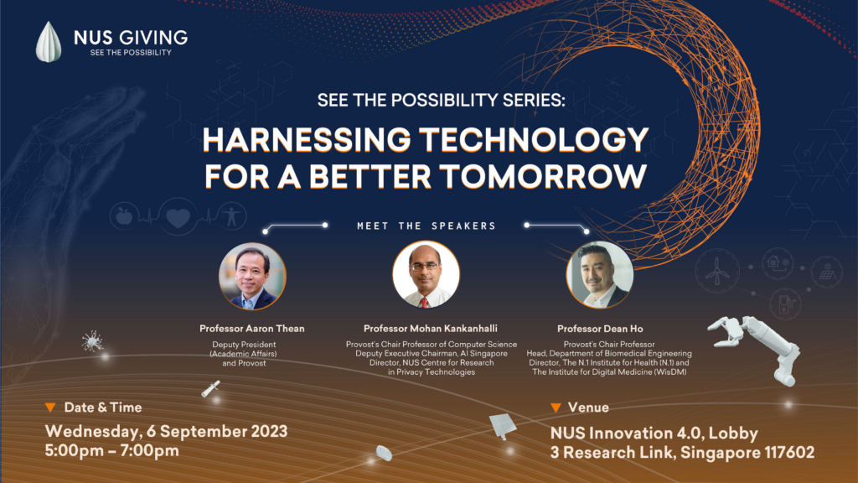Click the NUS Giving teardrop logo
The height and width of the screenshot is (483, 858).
48,42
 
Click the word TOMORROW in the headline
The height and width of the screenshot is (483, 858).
543,176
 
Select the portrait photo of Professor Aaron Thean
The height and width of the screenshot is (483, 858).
252,277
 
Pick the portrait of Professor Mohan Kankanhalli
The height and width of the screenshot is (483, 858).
426,275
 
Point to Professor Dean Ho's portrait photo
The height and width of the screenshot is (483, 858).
600,275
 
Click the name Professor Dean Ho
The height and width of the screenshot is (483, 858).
600,329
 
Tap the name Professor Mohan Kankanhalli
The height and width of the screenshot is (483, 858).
431,329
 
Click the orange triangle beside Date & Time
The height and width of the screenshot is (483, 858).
50,408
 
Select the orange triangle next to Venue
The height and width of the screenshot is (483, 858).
556,408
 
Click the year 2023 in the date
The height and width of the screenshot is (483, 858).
269,431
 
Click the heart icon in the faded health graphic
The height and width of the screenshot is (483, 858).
178,217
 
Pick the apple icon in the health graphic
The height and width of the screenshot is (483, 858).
124,216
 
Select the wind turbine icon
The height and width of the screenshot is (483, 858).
717,271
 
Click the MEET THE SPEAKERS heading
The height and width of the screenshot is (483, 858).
426,226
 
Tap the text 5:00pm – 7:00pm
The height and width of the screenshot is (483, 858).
112,450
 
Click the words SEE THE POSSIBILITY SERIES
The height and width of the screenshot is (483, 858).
441,101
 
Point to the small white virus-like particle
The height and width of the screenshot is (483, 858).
92,342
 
